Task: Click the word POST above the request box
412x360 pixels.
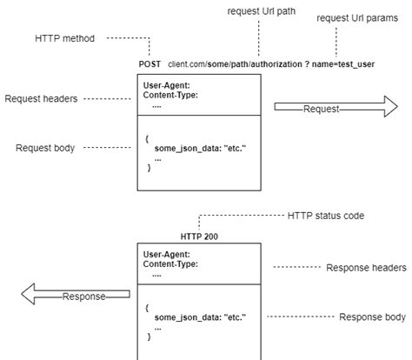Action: point(150,64)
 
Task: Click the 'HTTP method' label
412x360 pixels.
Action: point(65,38)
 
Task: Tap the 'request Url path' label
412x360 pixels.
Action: point(259,10)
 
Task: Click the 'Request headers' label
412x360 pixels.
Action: point(43,99)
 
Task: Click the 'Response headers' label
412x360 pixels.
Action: point(366,267)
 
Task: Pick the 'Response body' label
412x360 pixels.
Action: point(372,317)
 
